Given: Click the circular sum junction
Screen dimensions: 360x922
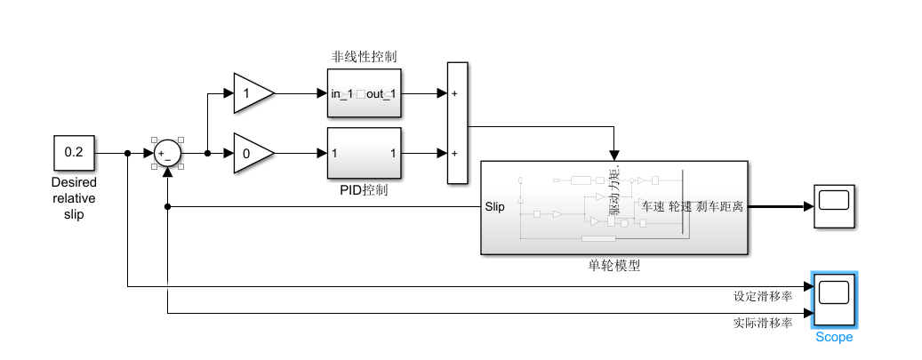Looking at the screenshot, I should [166, 154].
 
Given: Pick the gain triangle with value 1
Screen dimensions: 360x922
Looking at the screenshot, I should [252, 93].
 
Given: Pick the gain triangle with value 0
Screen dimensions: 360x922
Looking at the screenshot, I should [252, 154].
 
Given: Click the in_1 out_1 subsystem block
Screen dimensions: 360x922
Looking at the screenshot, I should [364, 93].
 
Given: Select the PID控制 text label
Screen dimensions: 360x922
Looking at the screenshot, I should [364, 189].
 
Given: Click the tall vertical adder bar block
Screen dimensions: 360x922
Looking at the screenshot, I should [456, 124].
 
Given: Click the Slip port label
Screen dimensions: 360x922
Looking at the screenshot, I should [495, 207].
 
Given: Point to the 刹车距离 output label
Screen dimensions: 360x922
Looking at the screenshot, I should [720, 207].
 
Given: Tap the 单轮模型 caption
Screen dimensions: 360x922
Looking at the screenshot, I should [613, 266].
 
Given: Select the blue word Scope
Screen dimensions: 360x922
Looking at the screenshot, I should [833, 338].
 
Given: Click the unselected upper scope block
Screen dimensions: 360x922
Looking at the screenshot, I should [833, 207].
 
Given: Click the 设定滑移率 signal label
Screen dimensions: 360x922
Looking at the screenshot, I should [762, 297].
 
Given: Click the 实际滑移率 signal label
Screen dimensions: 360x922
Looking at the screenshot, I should [762, 324].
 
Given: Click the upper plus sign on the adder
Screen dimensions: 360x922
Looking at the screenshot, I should [455, 93].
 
